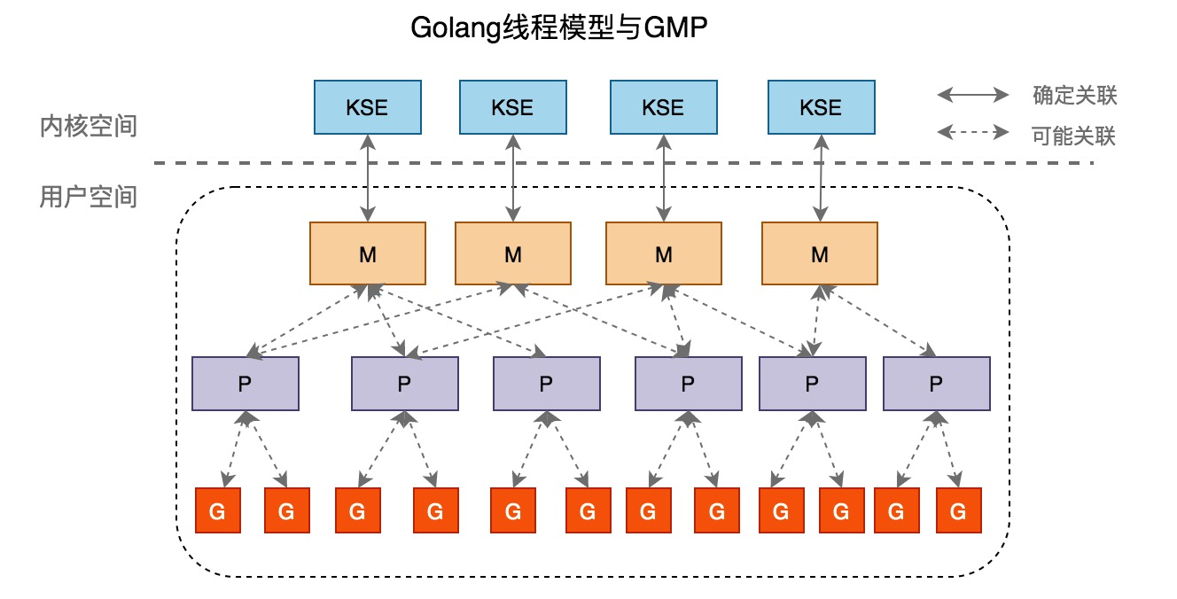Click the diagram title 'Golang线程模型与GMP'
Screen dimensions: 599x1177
tap(559, 28)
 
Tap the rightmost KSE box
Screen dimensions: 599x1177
tap(820, 108)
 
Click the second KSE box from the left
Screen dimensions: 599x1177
tap(512, 108)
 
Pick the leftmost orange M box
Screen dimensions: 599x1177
tap(368, 254)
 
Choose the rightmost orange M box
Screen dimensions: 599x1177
tap(820, 254)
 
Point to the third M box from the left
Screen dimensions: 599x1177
tap(663, 254)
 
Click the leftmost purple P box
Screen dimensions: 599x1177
tap(246, 384)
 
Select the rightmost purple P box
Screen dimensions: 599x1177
tap(936, 384)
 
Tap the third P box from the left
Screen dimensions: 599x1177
tap(546, 384)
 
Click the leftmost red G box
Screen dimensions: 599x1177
tap(217, 511)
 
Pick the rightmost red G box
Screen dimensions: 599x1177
tap(958, 511)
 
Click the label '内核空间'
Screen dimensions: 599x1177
tap(89, 126)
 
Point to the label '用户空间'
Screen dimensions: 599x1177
tap(89, 196)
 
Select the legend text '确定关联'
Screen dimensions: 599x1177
tap(1073, 95)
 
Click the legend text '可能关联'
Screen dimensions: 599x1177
tap(1073, 136)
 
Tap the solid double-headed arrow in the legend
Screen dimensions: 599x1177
tap(973, 95)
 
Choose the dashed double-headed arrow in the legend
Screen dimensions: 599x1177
tap(973, 134)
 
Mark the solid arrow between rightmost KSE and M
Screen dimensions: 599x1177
tap(821, 178)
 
